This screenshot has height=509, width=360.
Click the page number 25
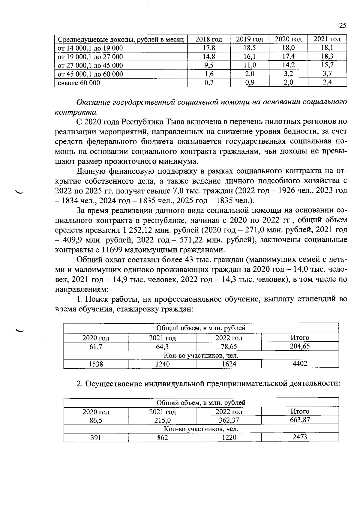click(x=343, y=25)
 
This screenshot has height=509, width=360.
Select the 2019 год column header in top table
click(x=249, y=39)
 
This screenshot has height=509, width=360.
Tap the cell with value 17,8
click(x=209, y=48)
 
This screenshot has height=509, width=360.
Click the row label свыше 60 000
click(x=79, y=83)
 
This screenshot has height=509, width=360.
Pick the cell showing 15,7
click(x=327, y=65)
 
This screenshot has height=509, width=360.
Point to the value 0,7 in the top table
click(x=209, y=83)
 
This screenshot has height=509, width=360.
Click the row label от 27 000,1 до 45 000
click(x=90, y=65)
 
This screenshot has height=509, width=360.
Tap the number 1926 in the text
click(x=289, y=191)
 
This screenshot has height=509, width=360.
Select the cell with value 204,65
click(x=300, y=346)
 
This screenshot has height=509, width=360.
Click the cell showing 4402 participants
click(x=300, y=364)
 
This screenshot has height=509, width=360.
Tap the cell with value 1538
click(x=96, y=364)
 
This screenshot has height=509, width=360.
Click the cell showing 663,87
click(x=300, y=420)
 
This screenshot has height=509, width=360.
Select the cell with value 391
click(x=96, y=438)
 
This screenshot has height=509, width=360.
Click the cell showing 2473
click(x=300, y=437)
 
